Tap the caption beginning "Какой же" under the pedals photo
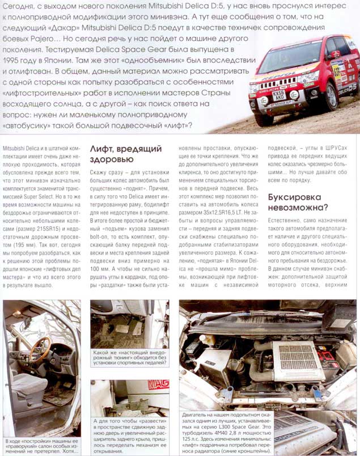coord(129,362)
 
